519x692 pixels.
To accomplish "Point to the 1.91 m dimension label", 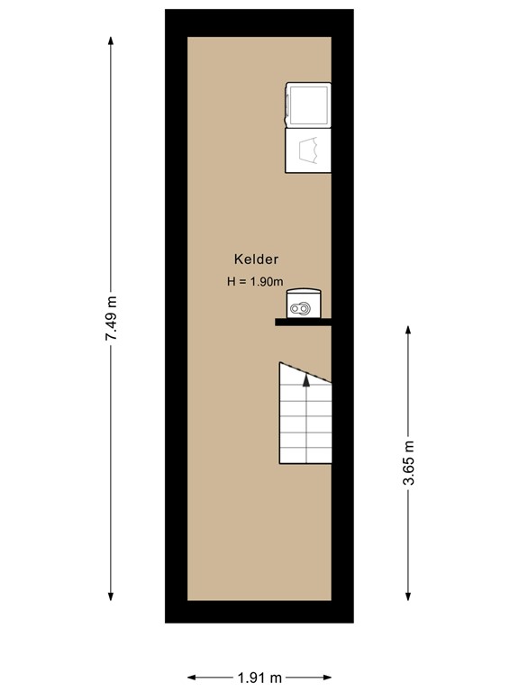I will click(x=259, y=677).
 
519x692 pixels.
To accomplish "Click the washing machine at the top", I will click(x=307, y=105).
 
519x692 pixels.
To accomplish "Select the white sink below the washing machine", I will click(x=307, y=150).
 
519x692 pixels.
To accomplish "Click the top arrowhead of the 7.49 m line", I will click(x=111, y=41).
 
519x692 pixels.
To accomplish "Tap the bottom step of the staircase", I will click(x=305, y=456).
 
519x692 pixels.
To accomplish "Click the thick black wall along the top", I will click(x=259, y=23).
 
